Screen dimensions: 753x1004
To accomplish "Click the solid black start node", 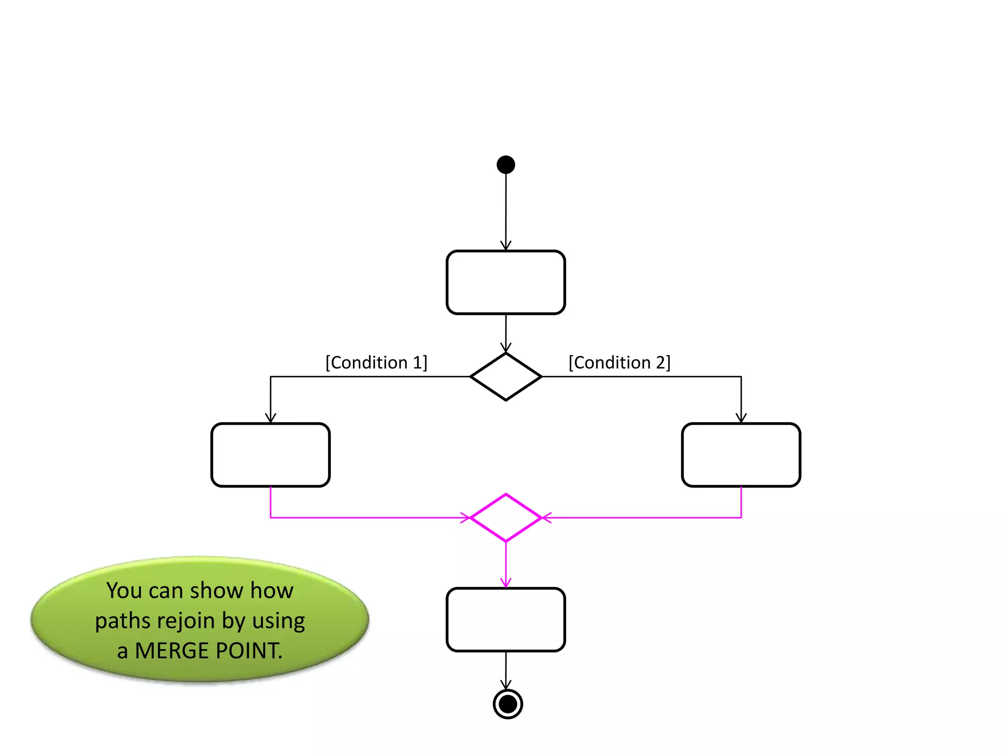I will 505,165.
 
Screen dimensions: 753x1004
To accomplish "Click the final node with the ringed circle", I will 507,704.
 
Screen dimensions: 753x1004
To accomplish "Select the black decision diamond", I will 505,376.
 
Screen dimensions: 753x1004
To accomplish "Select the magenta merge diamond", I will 505,518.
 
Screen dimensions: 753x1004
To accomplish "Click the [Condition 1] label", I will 376,363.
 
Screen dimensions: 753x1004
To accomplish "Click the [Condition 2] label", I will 619,363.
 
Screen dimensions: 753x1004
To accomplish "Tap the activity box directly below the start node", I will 505,282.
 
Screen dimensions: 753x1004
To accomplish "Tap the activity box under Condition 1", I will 270,455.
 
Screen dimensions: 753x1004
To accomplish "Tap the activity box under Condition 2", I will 741,455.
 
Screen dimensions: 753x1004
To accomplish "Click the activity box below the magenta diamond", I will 505,620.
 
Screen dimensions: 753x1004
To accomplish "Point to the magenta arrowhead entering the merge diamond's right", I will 546,518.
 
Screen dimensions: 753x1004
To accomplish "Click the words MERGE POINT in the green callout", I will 208,651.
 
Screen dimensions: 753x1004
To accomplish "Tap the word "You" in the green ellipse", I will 125,590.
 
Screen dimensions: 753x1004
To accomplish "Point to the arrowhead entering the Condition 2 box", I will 741,418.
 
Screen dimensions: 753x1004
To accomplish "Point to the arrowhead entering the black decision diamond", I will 506,348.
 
